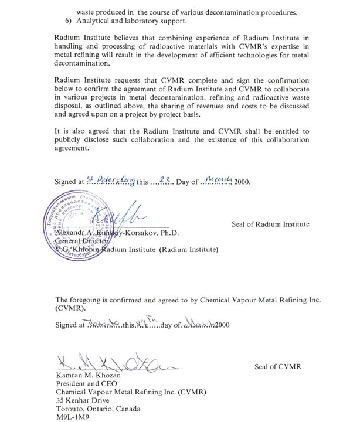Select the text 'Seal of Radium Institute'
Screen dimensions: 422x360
270,224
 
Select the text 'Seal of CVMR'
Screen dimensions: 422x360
277,367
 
